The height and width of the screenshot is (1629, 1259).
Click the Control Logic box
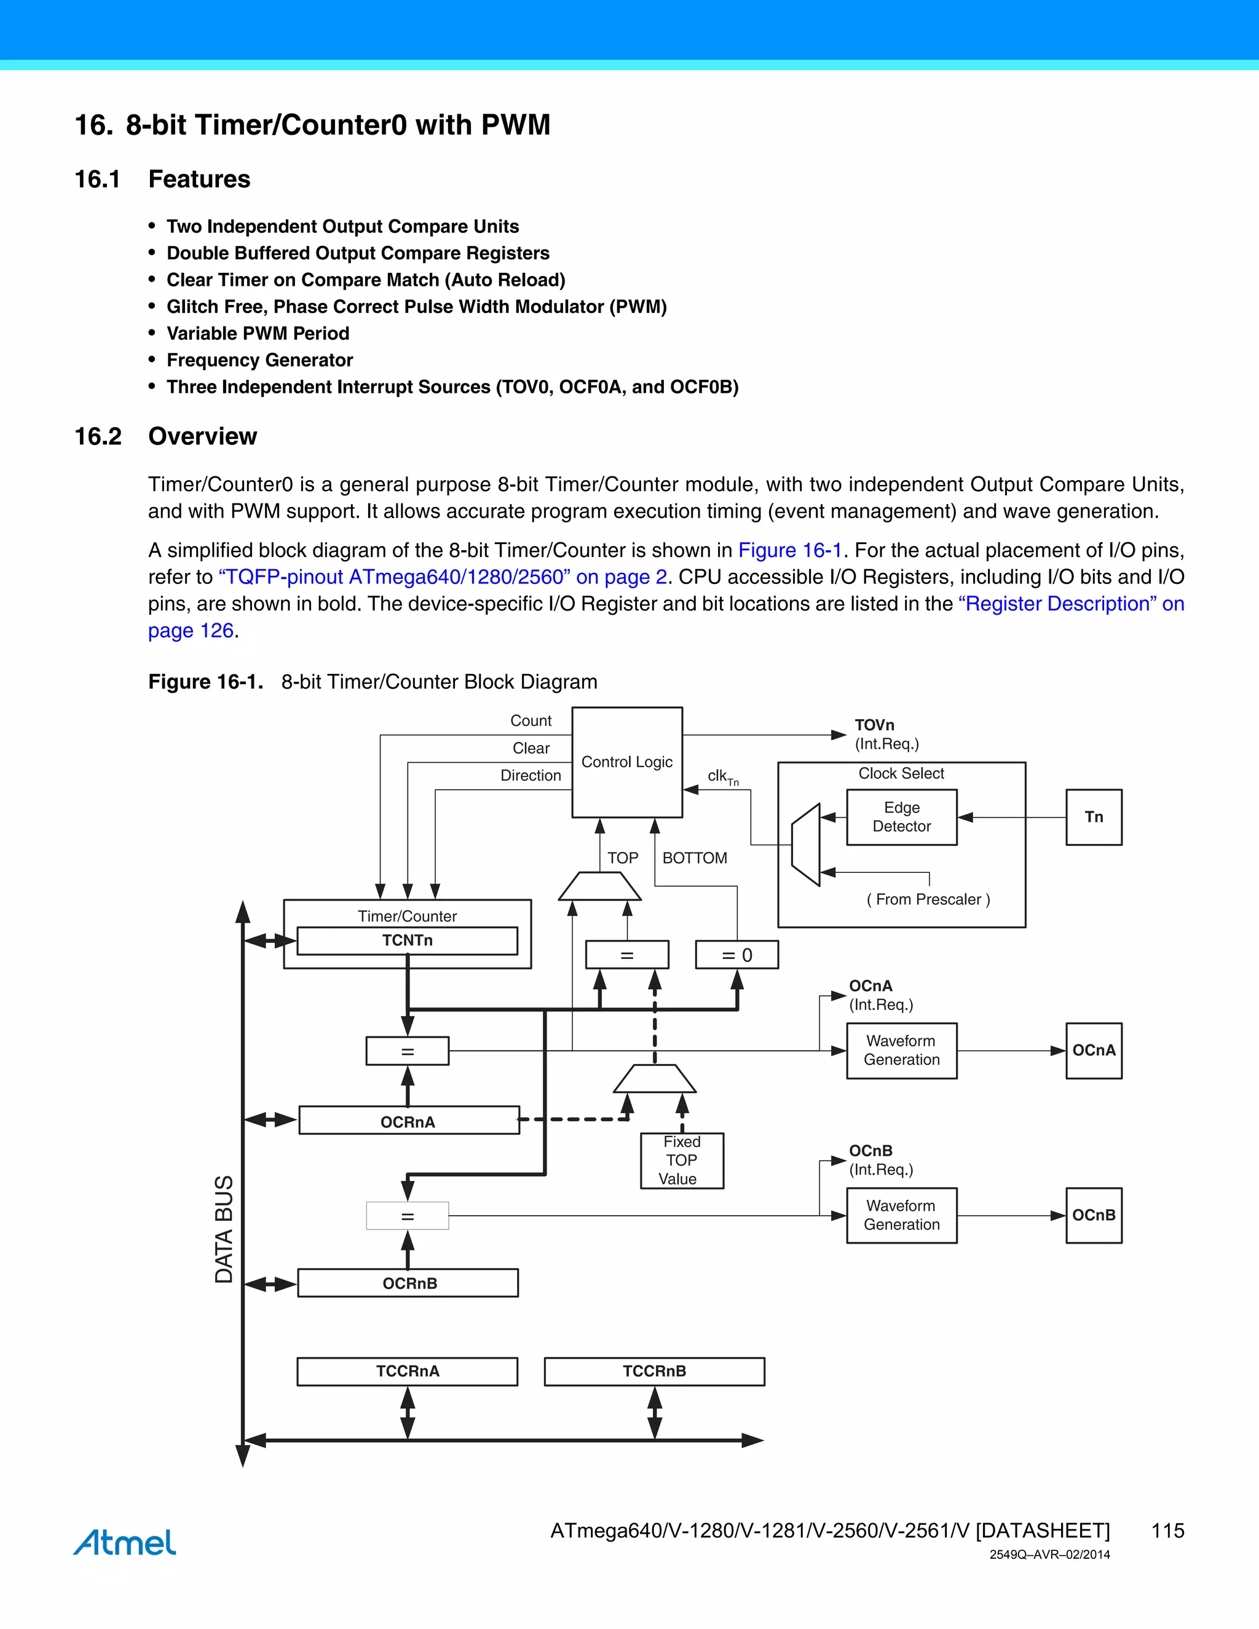626,762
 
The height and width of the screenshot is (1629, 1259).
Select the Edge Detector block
901,817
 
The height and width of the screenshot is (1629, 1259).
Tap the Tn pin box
1094,817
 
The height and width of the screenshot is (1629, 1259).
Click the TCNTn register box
407,941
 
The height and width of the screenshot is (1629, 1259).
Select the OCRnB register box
408,1283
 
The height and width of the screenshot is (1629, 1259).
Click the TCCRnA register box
407,1371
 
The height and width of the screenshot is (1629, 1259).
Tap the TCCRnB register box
654,1371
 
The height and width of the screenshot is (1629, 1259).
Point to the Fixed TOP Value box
682,1161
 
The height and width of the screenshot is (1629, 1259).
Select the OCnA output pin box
1094,1050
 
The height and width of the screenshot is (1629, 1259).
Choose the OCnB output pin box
1094,1215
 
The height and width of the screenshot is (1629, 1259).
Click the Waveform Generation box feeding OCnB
901,1215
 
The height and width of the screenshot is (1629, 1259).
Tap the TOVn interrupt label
874,725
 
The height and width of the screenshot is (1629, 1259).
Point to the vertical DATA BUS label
224,1229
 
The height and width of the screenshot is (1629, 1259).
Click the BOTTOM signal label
695,858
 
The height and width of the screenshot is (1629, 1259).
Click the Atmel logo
125,1542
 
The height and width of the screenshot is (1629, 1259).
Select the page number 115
1167,1531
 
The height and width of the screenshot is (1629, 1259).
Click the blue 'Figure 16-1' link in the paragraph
790,550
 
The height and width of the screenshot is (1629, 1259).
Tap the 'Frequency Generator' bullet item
259,360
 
